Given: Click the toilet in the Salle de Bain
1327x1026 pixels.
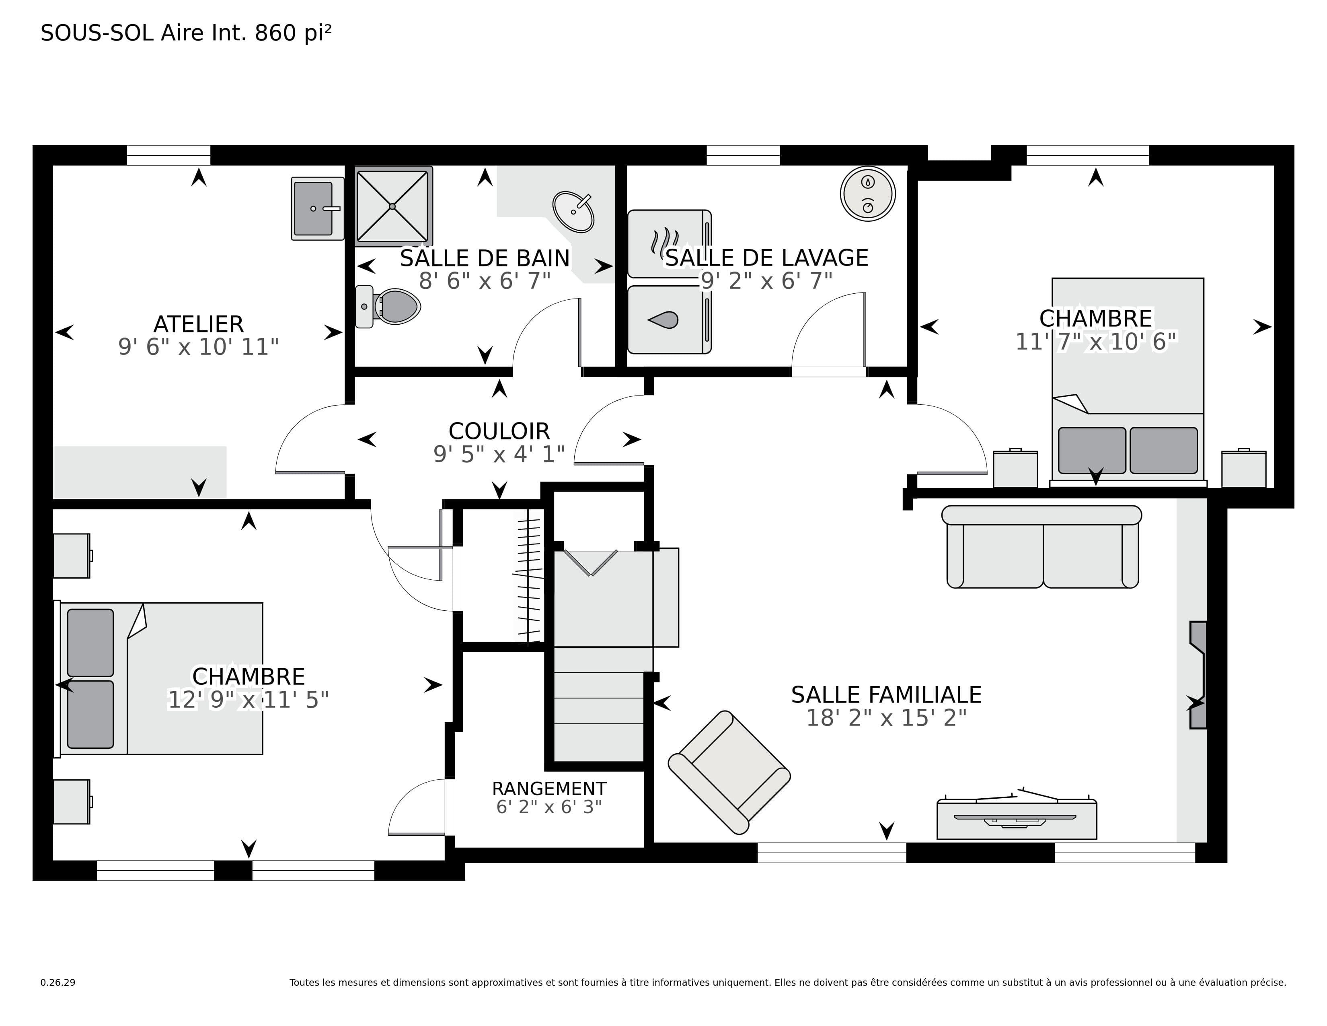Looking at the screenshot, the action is click(388, 306).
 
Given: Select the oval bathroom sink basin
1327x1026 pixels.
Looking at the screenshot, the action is click(573, 212).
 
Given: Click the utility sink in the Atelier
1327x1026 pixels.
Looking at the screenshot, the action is click(318, 208).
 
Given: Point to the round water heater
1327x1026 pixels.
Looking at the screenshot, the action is click(868, 194).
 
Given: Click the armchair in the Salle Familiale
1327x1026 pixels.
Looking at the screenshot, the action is click(729, 772).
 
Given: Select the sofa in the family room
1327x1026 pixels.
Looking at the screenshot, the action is click(1042, 546).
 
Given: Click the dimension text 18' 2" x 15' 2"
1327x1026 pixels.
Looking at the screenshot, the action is click(886, 718).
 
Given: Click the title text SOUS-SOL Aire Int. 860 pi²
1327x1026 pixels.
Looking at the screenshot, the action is click(186, 33).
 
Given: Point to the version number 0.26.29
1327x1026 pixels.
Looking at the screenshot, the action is click(58, 982).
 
